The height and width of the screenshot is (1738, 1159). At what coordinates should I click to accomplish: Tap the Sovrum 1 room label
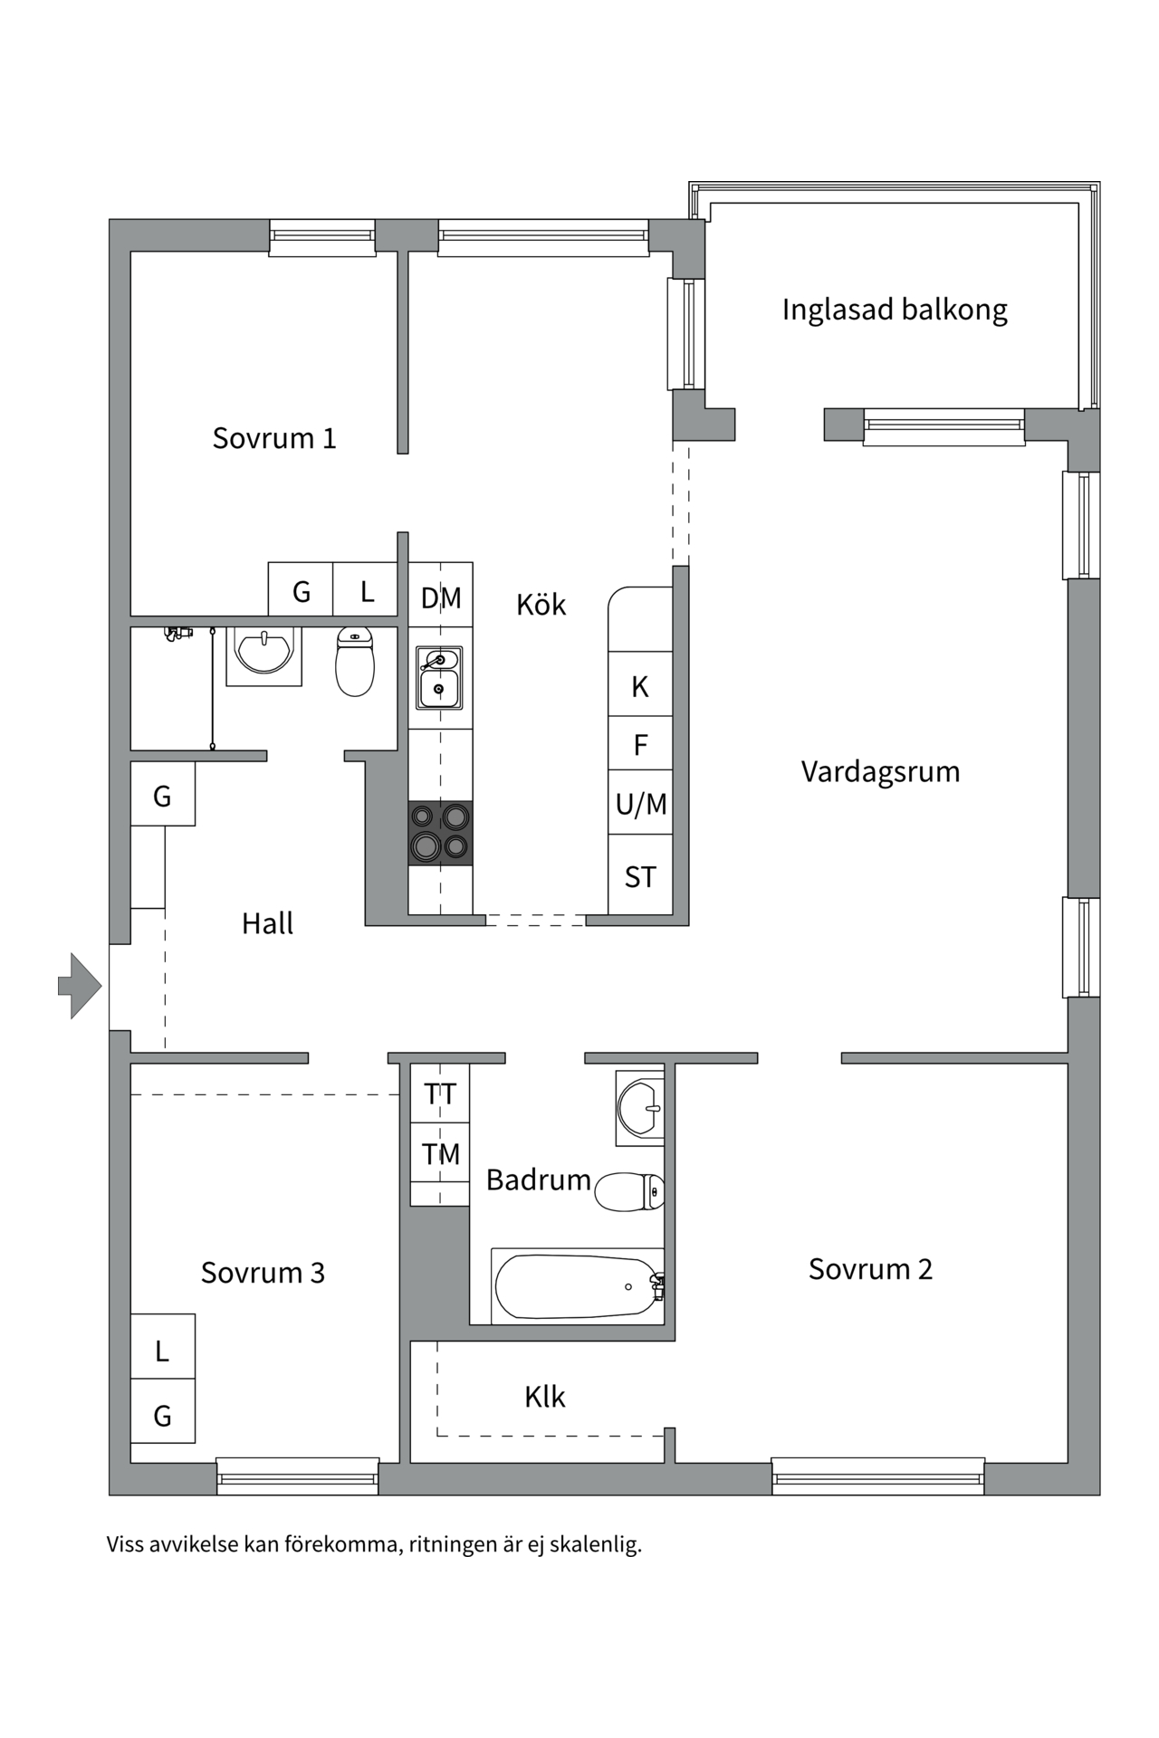click(273, 438)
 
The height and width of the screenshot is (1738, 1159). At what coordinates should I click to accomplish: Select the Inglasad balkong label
click(894, 310)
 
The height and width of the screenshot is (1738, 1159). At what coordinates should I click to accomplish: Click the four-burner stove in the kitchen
click(440, 833)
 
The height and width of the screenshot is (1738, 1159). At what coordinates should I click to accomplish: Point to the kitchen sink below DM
click(439, 677)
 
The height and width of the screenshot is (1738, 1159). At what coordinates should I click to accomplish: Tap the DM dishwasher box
click(441, 597)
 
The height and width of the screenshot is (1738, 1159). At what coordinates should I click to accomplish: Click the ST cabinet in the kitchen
click(640, 876)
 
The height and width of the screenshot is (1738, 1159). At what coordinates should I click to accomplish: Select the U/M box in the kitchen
click(640, 803)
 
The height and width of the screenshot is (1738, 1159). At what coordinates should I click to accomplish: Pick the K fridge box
click(640, 686)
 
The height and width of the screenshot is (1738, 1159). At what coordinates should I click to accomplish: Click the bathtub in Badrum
click(577, 1286)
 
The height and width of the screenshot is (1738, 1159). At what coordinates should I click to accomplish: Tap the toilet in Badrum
click(628, 1191)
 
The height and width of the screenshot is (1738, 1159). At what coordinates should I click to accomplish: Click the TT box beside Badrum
click(440, 1093)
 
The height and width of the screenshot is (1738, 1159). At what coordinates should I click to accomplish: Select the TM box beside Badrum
click(440, 1153)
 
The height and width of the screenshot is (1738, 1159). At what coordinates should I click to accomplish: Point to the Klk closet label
click(544, 1397)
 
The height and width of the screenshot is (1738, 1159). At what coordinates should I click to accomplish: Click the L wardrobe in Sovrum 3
click(162, 1351)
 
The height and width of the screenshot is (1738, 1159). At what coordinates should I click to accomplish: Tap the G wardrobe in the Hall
click(162, 796)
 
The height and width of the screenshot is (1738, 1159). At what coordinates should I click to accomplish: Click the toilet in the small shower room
click(355, 662)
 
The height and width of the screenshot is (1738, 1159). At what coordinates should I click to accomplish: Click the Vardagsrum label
click(880, 771)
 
